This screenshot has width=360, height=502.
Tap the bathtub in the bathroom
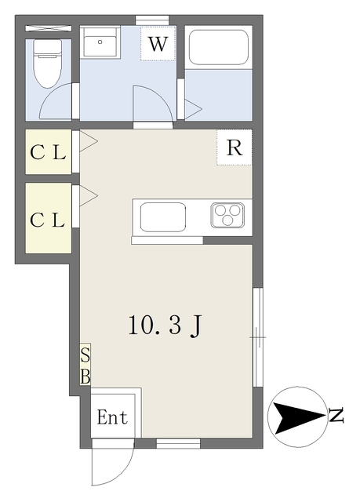(220, 49)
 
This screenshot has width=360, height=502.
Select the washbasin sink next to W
(100, 45)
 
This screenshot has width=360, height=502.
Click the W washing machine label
(158, 45)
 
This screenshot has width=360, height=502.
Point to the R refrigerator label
(234, 147)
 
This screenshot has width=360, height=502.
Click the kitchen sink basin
(163, 216)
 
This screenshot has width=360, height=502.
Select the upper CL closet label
(47, 153)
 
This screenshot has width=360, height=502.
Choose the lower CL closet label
(47, 220)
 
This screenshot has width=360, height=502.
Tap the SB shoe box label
(85, 365)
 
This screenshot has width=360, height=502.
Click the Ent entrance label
(112, 418)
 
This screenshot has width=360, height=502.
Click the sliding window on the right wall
(256, 337)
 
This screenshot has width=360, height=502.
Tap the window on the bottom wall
(177, 444)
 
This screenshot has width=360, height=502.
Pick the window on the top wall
(151, 19)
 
